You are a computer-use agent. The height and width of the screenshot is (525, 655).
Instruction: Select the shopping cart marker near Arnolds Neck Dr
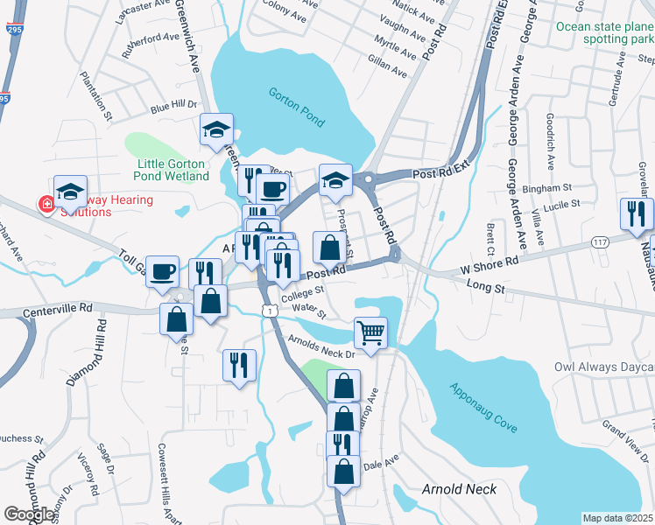(x=370, y=333)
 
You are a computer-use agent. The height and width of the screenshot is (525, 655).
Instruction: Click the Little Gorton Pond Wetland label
(x=173, y=170)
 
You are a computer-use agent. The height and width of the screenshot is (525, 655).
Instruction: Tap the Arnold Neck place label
(x=460, y=489)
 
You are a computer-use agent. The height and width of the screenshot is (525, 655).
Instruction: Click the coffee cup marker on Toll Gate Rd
(x=163, y=271)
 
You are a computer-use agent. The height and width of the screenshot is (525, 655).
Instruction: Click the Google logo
(x=29, y=514)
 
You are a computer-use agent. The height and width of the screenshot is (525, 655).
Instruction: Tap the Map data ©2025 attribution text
(x=617, y=518)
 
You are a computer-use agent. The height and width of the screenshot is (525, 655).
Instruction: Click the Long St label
(x=488, y=279)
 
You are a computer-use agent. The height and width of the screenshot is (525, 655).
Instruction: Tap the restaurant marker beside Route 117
(x=636, y=213)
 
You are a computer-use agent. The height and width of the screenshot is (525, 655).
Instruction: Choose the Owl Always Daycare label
(x=604, y=367)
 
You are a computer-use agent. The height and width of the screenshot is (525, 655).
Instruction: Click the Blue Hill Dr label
(x=173, y=107)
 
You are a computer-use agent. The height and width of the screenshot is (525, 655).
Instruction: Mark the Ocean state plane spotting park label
(x=604, y=32)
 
